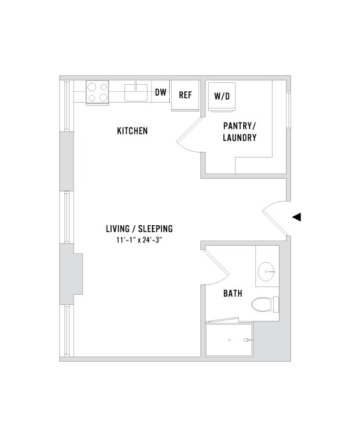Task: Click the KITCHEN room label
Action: pyautogui.click(x=132, y=131)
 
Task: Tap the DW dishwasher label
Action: pyautogui.click(x=161, y=93)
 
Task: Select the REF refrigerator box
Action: pyautogui.click(x=185, y=95)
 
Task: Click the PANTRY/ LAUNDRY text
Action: pyautogui.click(x=239, y=131)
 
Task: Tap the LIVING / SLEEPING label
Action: pyautogui.click(x=140, y=228)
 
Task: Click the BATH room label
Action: pyautogui.click(x=232, y=294)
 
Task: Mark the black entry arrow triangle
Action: pyautogui.click(x=296, y=217)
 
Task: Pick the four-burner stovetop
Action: pyautogui.click(x=97, y=93)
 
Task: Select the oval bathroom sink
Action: pyautogui.click(x=267, y=272)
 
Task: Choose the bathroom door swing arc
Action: pyautogui.click(x=217, y=268)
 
